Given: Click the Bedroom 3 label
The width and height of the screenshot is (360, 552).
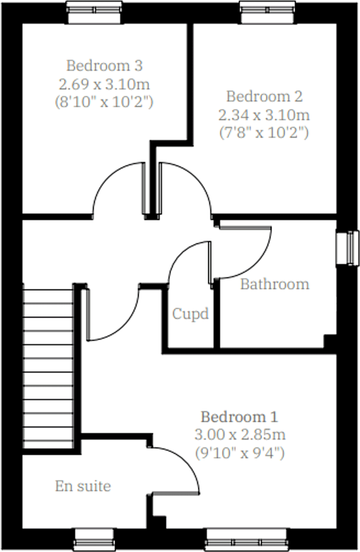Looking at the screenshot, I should tap(104, 66).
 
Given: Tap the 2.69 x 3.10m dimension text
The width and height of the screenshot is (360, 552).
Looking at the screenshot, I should tap(104, 84).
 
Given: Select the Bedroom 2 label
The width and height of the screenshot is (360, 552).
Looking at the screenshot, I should tap(264, 96).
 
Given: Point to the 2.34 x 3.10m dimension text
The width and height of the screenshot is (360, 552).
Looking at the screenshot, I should tap(264, 115).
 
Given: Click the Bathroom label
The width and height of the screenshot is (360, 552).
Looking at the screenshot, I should tap(275, 284).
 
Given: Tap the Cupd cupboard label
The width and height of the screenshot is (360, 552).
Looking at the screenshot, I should tap(191, 314).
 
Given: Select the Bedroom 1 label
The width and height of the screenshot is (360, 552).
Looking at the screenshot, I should tap(239, 417).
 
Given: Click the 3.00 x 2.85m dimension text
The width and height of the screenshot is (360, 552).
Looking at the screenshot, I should tap(240, 435).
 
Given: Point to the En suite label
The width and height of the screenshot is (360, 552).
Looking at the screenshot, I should tap(83, 486).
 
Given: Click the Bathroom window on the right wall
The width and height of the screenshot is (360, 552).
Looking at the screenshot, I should tap(348, 248).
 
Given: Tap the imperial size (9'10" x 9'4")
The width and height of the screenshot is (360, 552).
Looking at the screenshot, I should tap(240, 453).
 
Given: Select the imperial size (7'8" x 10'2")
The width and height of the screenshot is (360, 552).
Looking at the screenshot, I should tap(264, 133).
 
